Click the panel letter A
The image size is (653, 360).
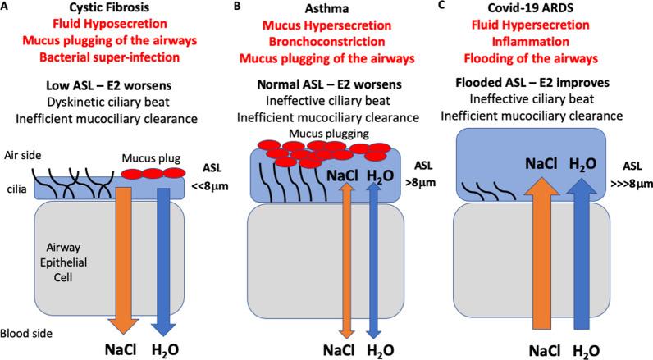tap(6, 7)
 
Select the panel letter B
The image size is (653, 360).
tap(237, 7)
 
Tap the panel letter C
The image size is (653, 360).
tap(465, 7)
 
